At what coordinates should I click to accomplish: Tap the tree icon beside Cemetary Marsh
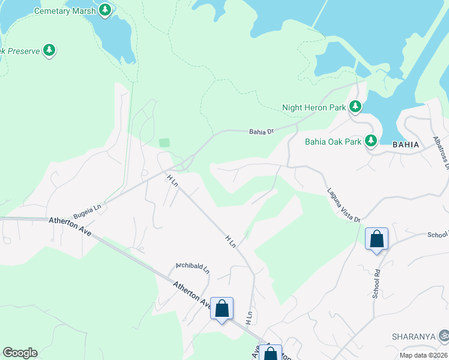coord(106,10)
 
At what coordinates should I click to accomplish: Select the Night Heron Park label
coord(314,108)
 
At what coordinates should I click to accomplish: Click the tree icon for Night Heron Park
coord(356,107)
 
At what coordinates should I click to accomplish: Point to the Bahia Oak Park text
coord(333,142)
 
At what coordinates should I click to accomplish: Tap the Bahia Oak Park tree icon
coord(371,141)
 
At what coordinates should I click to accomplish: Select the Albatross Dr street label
coord(441,152)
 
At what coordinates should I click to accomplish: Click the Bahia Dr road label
coord(262,131)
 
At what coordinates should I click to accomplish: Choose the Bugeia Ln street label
coord(88,210)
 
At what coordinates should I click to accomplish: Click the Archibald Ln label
coord(192,266)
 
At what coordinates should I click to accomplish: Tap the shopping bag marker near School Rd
coord(376,239)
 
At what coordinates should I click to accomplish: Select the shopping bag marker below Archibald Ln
coord(221,310)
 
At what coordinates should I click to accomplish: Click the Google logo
coord(20,353)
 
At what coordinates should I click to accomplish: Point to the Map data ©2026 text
coord(423,355)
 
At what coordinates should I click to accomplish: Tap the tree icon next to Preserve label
coord(50,51)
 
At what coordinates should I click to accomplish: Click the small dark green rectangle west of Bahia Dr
coord(164,143)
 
